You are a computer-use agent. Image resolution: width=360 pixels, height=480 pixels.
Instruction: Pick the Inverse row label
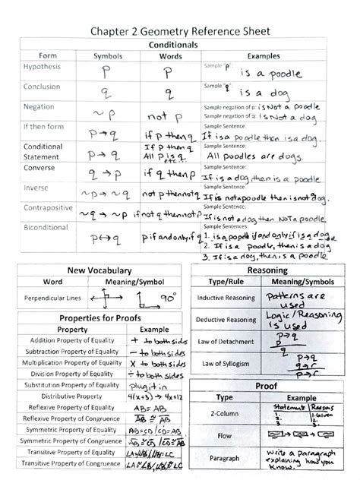point(36,187)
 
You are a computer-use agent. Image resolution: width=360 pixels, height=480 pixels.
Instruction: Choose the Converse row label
point(39,166)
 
